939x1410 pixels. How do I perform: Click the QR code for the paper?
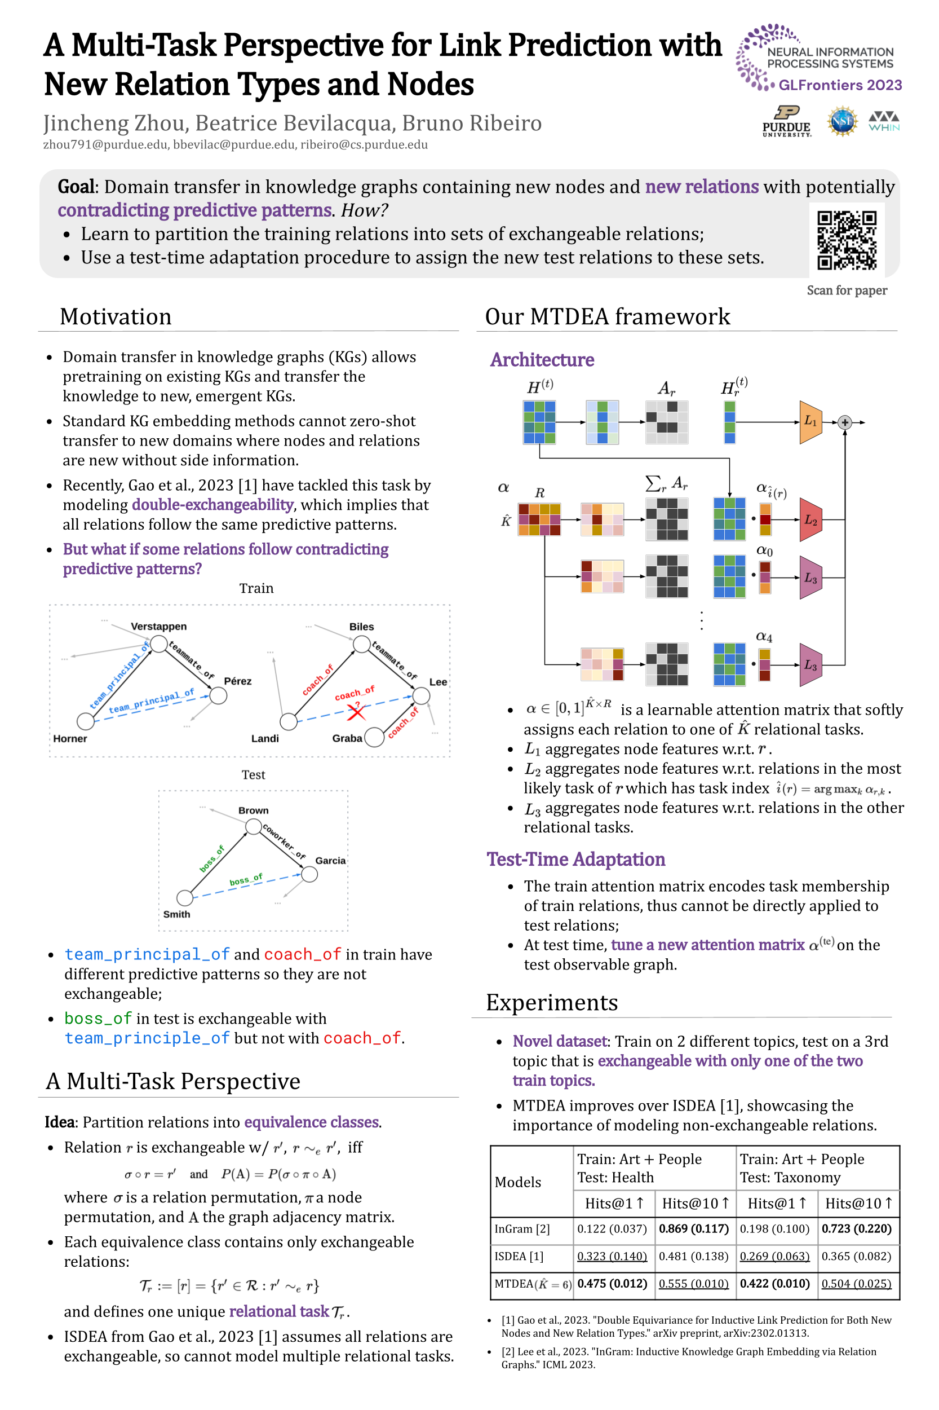(847, 240)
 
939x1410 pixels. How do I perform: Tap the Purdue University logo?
(786, 122)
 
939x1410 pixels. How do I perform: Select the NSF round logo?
(842, 121)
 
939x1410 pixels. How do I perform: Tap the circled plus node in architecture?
(845, 422)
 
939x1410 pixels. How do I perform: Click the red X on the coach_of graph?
(356, 712)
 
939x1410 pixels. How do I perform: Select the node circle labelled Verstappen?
(159, 644)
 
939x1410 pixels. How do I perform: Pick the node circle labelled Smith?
(185, 897)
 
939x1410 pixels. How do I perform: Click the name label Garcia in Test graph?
(330, 861)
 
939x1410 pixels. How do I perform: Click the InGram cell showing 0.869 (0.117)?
(693, 1228)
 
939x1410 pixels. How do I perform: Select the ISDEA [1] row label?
(519, 1256)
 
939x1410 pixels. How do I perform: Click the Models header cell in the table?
(518, 1182)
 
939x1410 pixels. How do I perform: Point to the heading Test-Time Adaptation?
(575, 860)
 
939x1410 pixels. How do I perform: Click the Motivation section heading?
(116, 316)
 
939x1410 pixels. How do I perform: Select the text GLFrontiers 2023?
(840, 85)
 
